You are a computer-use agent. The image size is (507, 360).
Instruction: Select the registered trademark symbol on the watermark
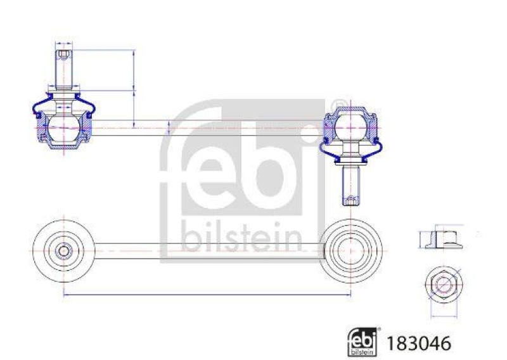click(340, 103)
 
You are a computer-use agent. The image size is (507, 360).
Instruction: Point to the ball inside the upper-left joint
click(64, 123)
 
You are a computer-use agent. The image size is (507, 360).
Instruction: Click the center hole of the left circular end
click(63, 250)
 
